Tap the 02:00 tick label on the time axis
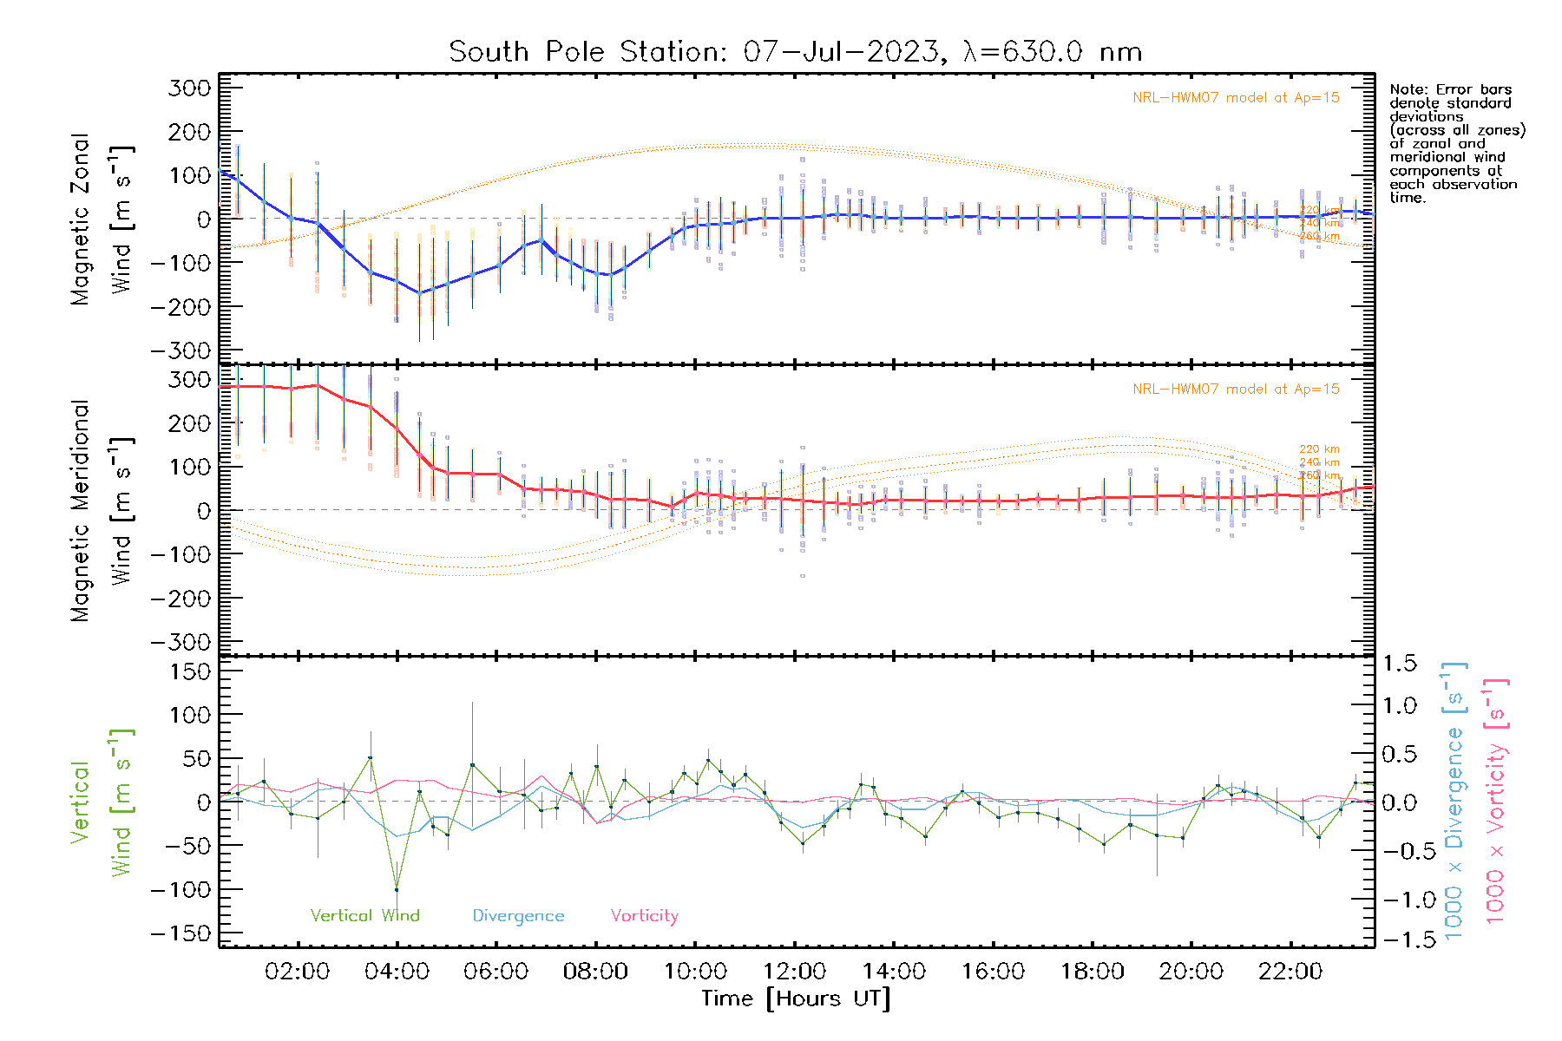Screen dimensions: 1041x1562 pos(297,971)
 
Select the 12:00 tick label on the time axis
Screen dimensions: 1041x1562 pos(794,971)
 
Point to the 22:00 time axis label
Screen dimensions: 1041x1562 pos(1290,971)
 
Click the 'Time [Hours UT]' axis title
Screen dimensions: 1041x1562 pos(796,998)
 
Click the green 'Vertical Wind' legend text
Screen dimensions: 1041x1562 pos(364,915)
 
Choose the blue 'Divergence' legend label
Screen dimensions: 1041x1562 pos(518,915)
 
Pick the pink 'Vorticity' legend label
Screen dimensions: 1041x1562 pos(644,915)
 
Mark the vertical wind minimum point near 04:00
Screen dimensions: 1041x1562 pos(397,889)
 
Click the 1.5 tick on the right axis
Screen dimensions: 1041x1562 pos(1399,664)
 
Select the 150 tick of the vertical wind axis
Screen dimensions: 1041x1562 pos(190,671)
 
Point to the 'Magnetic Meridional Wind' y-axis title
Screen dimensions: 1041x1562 pos(102,510)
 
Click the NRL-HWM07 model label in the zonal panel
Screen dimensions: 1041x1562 pos(1236,97)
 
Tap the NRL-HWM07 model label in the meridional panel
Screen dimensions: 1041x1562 pos(1236,389)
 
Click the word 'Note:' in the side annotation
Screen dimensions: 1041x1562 pos(1407,89)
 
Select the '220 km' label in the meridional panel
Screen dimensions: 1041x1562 pos(1319,449)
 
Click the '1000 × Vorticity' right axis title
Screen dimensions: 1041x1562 pos(1496,802)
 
